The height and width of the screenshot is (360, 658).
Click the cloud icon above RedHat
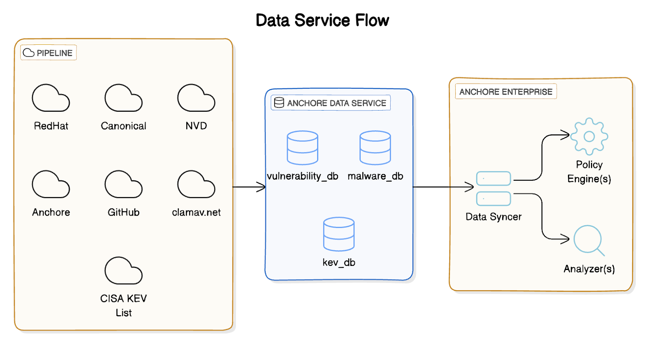click(51, 98)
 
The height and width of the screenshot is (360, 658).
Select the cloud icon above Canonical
click(123, 98)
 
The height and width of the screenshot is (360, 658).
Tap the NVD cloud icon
click(196, 98)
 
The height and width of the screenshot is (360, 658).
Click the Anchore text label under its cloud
click(51, 212)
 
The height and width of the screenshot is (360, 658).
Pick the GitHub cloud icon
click(123, 185)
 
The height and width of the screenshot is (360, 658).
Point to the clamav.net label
click(196, 212)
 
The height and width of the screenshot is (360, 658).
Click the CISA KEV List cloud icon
click(123, 271)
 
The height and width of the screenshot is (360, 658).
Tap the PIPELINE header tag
click(49, 53)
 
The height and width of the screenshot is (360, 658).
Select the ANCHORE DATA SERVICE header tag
click(331, 103)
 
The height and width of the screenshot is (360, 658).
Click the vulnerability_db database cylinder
click(302, 148)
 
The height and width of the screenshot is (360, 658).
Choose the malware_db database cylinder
click(375, 148)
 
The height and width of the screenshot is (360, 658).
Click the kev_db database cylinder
click(339, 234)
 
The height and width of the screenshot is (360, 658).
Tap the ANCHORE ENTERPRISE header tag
click(506, 92)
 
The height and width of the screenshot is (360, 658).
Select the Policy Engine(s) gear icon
click(589, 136)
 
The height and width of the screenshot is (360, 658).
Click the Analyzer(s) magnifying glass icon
click(588, 240)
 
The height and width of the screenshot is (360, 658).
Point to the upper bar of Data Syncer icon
click(493, 178)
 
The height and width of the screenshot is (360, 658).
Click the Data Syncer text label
click(493, 217)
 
